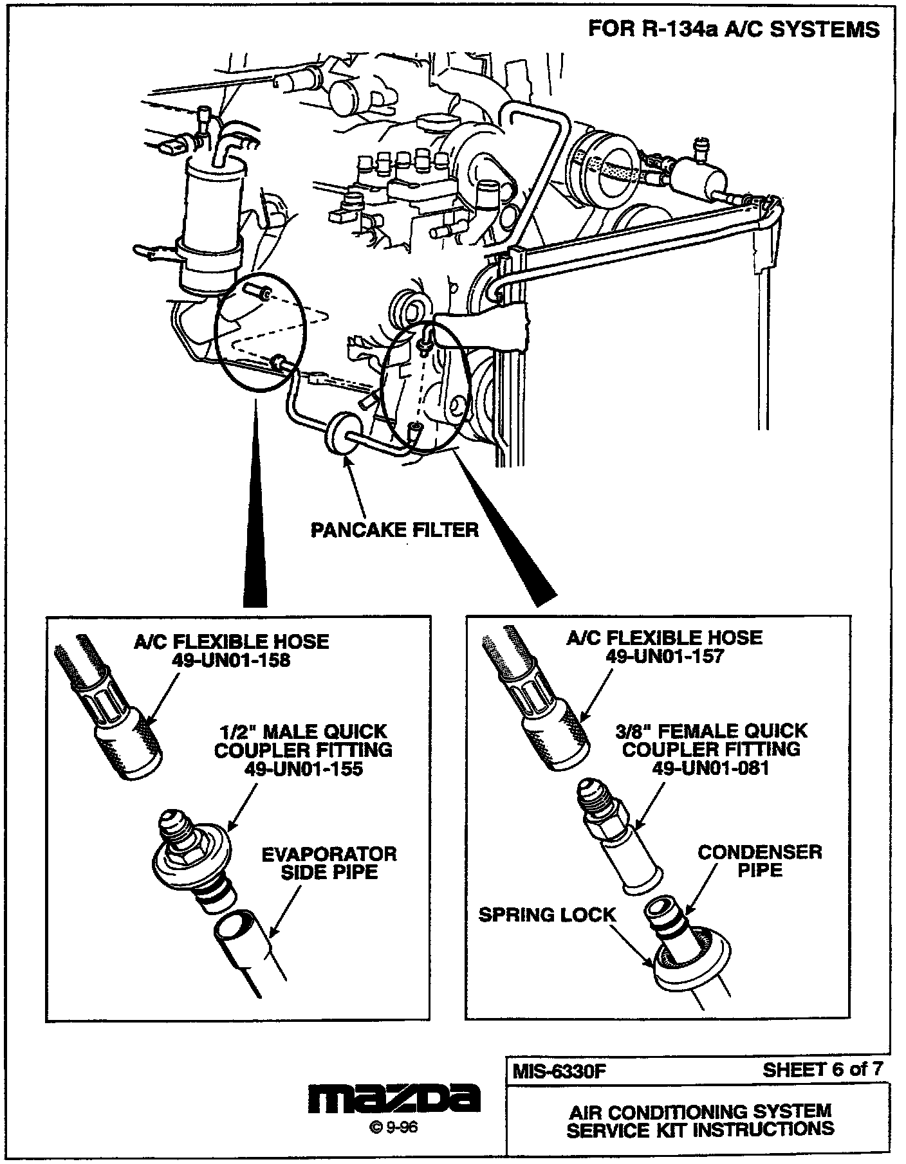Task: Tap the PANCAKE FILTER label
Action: pyautogui.click(x=395, y=529)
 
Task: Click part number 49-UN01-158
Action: pyautogui.click(x=231, y=660)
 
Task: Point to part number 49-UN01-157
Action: pyautogui.click(x=665, y=656)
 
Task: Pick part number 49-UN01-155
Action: pyautogui.click(x=304, y=768)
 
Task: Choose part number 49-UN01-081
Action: pyautogui.click(x=711, y=767)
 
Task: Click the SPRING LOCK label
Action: pyautogui.click(x=547, y=915)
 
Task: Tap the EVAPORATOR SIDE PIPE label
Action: pyautogui.click(x=329, y=863)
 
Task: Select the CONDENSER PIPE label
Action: pyautogui.click(x=760, y=861)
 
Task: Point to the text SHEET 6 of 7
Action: pyautogui.click(x=822, y=1069)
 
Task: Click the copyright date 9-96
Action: pyautogui.click(x=394, y=1128)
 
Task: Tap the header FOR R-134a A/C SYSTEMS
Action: pyautogui.click(x=734, y=29)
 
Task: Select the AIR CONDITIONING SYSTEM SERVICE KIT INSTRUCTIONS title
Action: pyautogui.click(x=700, y=1120)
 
